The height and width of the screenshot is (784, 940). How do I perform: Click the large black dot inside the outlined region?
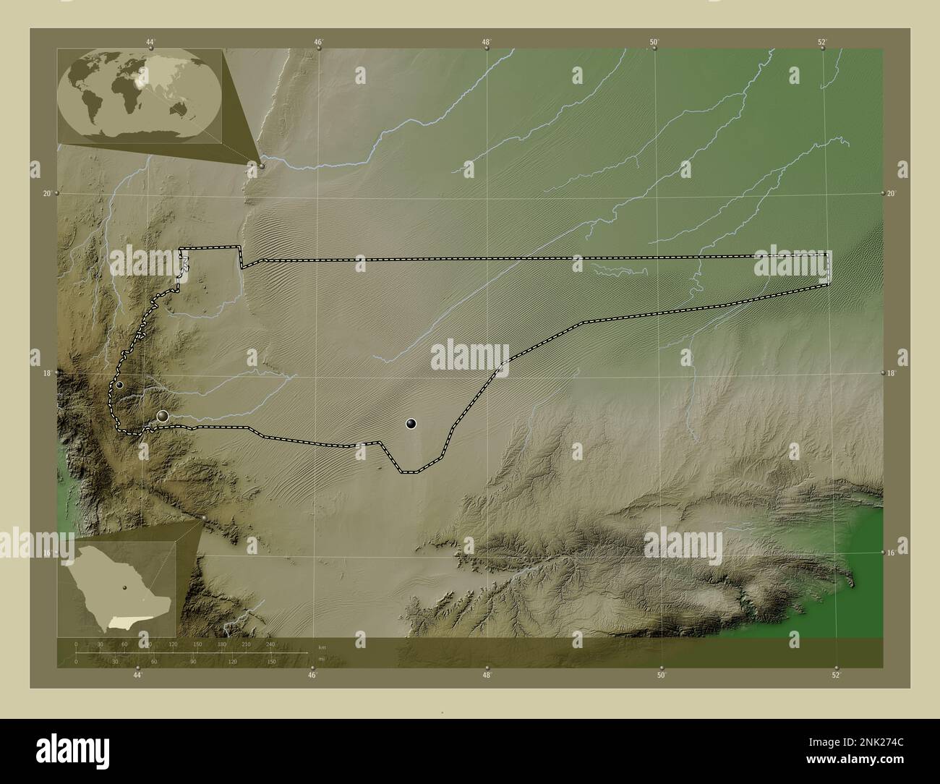click(x=411, y=424)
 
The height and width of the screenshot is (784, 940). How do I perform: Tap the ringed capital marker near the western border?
click(x=163, y=415)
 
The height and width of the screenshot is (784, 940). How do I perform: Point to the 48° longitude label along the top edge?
click(x=487, y=41)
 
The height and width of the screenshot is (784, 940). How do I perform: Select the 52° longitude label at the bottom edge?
click(x=836, y=676)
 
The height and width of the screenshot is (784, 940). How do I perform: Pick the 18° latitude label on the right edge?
click(x=892, y=372)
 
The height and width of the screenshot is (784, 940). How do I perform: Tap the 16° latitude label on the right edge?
click(x=892, y=553)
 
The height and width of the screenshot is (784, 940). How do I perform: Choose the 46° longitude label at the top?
click(x=318, y=41)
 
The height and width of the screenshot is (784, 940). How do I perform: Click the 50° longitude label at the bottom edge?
click(x=661, y=676)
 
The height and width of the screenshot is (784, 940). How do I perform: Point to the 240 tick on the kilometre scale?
click(x=270, y=644)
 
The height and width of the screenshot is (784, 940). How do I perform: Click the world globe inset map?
click(x=139, y=95)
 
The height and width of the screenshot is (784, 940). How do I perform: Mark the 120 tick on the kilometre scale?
click(x=173, y=644)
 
